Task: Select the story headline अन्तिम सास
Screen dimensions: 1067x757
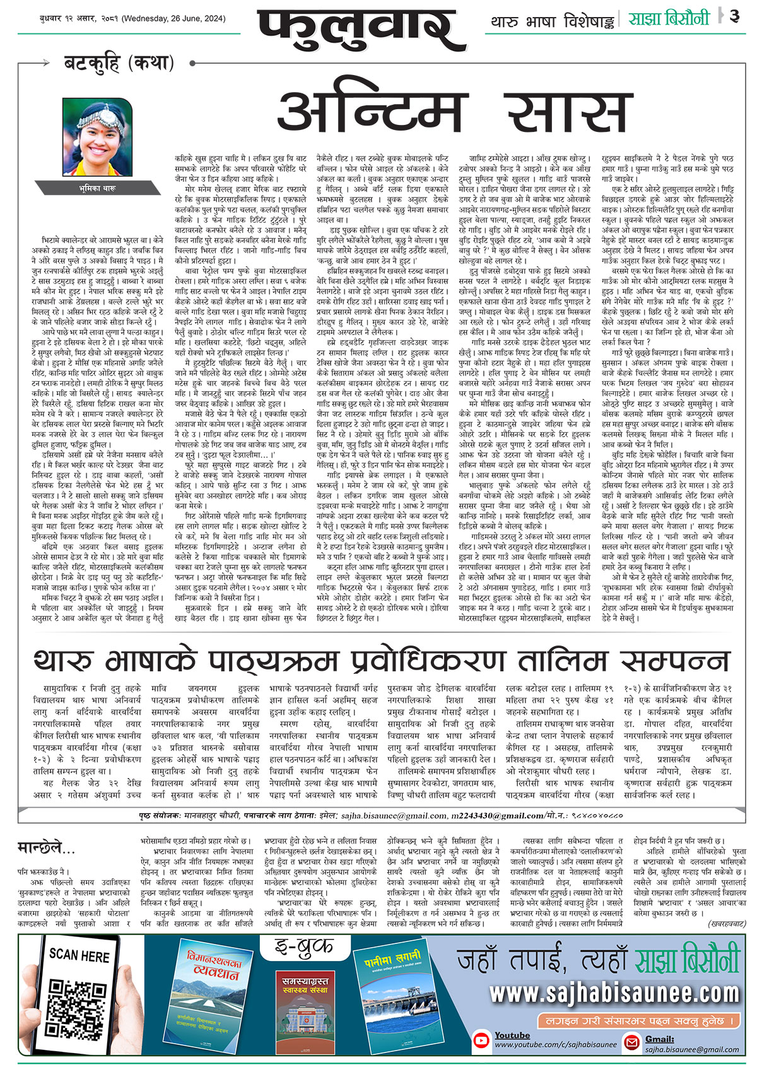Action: (455, 110)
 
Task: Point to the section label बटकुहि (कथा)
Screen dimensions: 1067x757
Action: (119, 62)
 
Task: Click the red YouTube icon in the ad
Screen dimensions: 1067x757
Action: (483, 1040)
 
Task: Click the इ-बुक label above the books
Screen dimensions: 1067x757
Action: (303, 947)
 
